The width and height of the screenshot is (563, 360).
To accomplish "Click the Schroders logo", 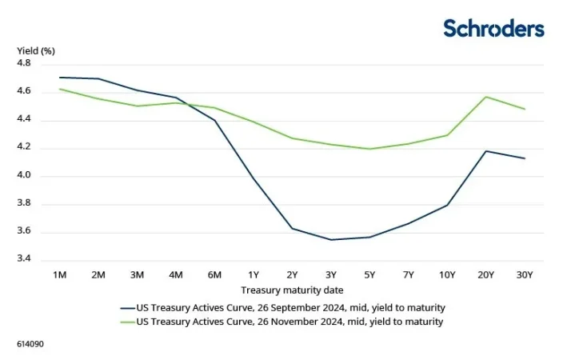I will click(x=493, y=29).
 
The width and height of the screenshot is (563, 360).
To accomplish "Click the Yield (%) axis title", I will click(x=36, y=50).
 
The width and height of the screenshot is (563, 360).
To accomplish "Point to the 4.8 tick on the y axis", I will click(x=23, y=63).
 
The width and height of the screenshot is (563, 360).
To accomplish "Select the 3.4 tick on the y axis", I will click(x=23, y=259).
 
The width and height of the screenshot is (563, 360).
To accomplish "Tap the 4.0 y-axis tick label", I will click(x=23, y=176).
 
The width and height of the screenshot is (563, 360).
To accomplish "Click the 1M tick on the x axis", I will click(x=59, y=274).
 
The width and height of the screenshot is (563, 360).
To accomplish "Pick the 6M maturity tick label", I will click(x=215, y=274).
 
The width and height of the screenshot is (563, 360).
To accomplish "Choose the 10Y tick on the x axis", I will click(x=447, y=274).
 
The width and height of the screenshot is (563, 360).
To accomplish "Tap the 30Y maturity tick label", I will click(x=525, y=274).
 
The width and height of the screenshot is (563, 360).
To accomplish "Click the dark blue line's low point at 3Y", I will click(x=331, y=239).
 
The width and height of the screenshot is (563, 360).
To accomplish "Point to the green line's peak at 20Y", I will click(x=485, y=97).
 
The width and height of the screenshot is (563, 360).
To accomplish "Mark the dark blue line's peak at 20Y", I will click(x=485, y=150).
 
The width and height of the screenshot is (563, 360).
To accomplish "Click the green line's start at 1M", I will click(x=59, y=89).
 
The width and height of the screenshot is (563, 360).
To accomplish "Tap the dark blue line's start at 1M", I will click(x=59, y=78).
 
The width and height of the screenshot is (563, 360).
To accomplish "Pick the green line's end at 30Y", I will click(x=525, y=109).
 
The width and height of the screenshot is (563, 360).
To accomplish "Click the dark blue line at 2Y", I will click(x=293, y=228).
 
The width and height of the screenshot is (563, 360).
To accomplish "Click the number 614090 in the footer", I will click(x=29, y=344).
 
